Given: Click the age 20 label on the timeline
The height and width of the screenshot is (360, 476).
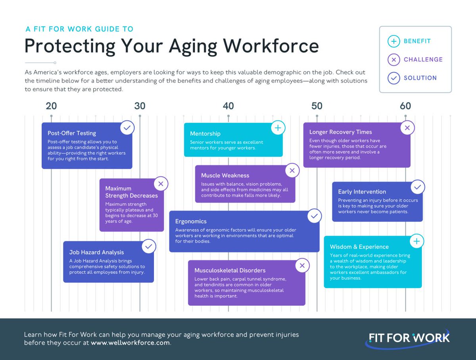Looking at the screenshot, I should pyautogui.click(x=51, y=106).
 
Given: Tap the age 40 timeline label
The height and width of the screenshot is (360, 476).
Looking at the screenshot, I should pyautogui.click(x=228, y=106).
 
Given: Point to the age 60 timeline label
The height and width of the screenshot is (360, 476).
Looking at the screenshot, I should pyautogui.click(x=405, y=106).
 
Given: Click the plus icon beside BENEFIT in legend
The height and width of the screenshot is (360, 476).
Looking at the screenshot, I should pyautogui.click(x=393, y=41).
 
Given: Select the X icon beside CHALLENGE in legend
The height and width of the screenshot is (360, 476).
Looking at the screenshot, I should pyautogui.click(x=393, y=60).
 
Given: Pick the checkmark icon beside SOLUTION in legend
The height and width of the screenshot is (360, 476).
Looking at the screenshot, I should pyautogui.click(x=393, y=78).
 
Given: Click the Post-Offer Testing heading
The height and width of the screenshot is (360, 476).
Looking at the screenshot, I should pyautogui.click(x=72, y=133).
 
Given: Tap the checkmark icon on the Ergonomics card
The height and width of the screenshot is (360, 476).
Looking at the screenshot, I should pyautogui.click(x=314, y=216).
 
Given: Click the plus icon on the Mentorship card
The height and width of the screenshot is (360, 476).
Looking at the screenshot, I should pyautogui.click(x=278, y=128).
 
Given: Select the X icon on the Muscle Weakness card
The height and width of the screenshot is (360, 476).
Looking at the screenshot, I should pyautogui.click(x=292, y=171).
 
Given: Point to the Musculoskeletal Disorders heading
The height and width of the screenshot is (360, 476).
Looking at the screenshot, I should pyautogui.click(x=230, y=271).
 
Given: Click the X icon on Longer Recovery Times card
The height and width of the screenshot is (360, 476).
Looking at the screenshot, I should pyautogui.click(x=407, y=128).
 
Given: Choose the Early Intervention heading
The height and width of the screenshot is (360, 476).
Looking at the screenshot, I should pyautogui.click(x=362, y=192).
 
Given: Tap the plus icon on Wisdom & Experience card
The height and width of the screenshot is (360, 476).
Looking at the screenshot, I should pyautogui.click(x=416, y=241).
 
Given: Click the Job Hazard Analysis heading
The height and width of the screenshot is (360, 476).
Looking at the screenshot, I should pyautogui.click(x=96, y=252).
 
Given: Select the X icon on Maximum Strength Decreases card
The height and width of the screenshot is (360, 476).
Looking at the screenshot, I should pyautogui.click(x=161, y=184).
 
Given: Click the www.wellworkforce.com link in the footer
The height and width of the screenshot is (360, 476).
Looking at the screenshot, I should pyautogui.click(x=130, y=343).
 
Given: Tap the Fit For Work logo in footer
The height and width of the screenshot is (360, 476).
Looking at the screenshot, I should pyautogui.click(x=409, y=339).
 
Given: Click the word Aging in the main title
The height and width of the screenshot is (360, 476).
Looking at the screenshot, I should pyautogui.click(x=193, y=46).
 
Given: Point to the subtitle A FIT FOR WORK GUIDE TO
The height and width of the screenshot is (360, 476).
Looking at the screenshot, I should pyautogui.click(x=79, y=29).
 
